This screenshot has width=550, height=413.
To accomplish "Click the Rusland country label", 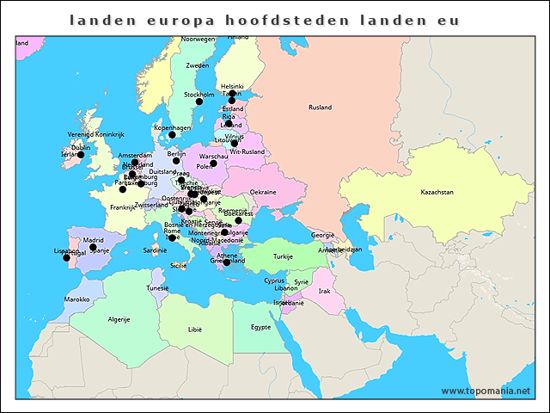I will tap(321, 108).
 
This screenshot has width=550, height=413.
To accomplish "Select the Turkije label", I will tap(284, 256).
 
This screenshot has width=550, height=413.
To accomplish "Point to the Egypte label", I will tap(260, 327).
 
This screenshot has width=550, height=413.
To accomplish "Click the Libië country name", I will tap(195, 330).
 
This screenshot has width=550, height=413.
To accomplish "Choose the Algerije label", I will tap(118, 319).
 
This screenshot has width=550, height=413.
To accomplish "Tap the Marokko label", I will tap(76, 299).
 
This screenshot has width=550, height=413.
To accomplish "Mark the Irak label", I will tap(324, 291).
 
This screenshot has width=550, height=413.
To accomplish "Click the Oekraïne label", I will tap(263, 192).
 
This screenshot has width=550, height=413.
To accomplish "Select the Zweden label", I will tap(198, 65).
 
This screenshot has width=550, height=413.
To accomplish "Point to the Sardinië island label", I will tap(155, 250).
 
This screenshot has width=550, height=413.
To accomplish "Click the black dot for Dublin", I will tap(81, 155).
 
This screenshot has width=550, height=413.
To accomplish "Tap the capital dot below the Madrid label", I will tap(93, 248).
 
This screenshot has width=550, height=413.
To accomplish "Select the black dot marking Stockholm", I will tap(199, 102).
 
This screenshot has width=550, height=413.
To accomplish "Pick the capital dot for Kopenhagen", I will tap(172, 135).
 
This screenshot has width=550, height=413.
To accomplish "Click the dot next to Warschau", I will tap(213, 163).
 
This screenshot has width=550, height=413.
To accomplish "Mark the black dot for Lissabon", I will tap(66, 258).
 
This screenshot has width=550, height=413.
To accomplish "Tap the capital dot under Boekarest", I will tap(238, 220).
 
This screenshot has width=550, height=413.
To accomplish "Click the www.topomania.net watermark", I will tap(486, 391).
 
